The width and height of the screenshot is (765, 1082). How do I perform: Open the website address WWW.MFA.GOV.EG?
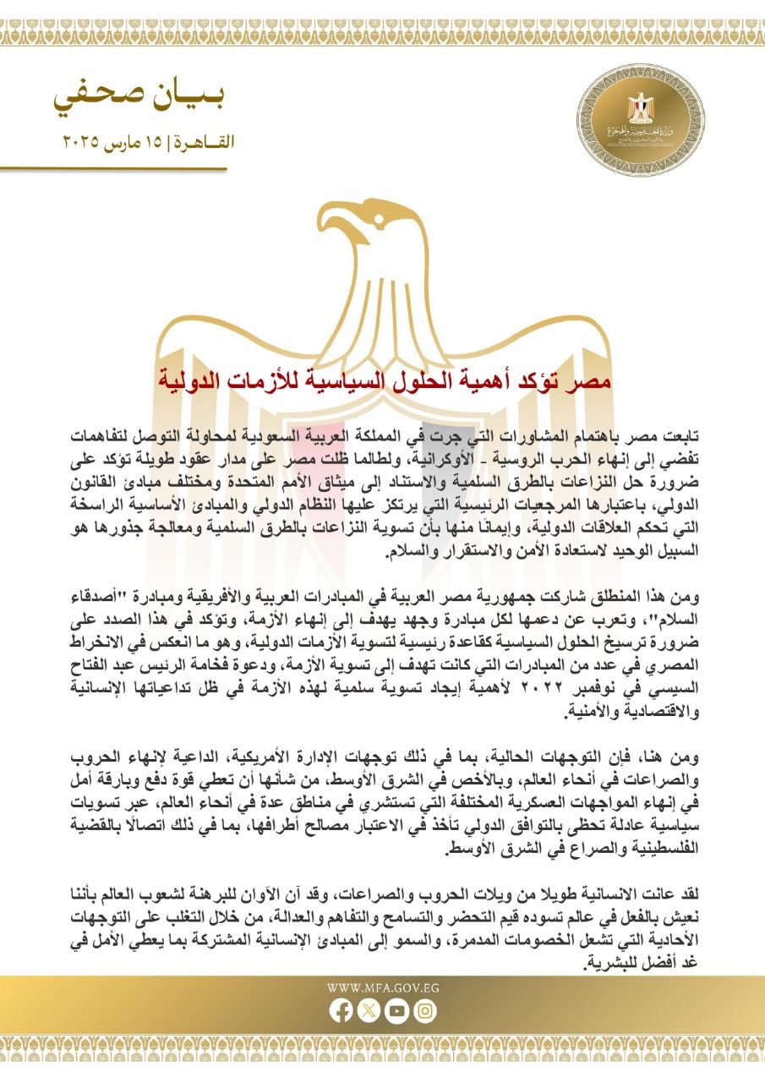coord(383,987)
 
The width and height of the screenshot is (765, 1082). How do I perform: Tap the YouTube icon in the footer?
coord(396,1009)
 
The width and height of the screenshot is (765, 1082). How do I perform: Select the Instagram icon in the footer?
coord(425,1009)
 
